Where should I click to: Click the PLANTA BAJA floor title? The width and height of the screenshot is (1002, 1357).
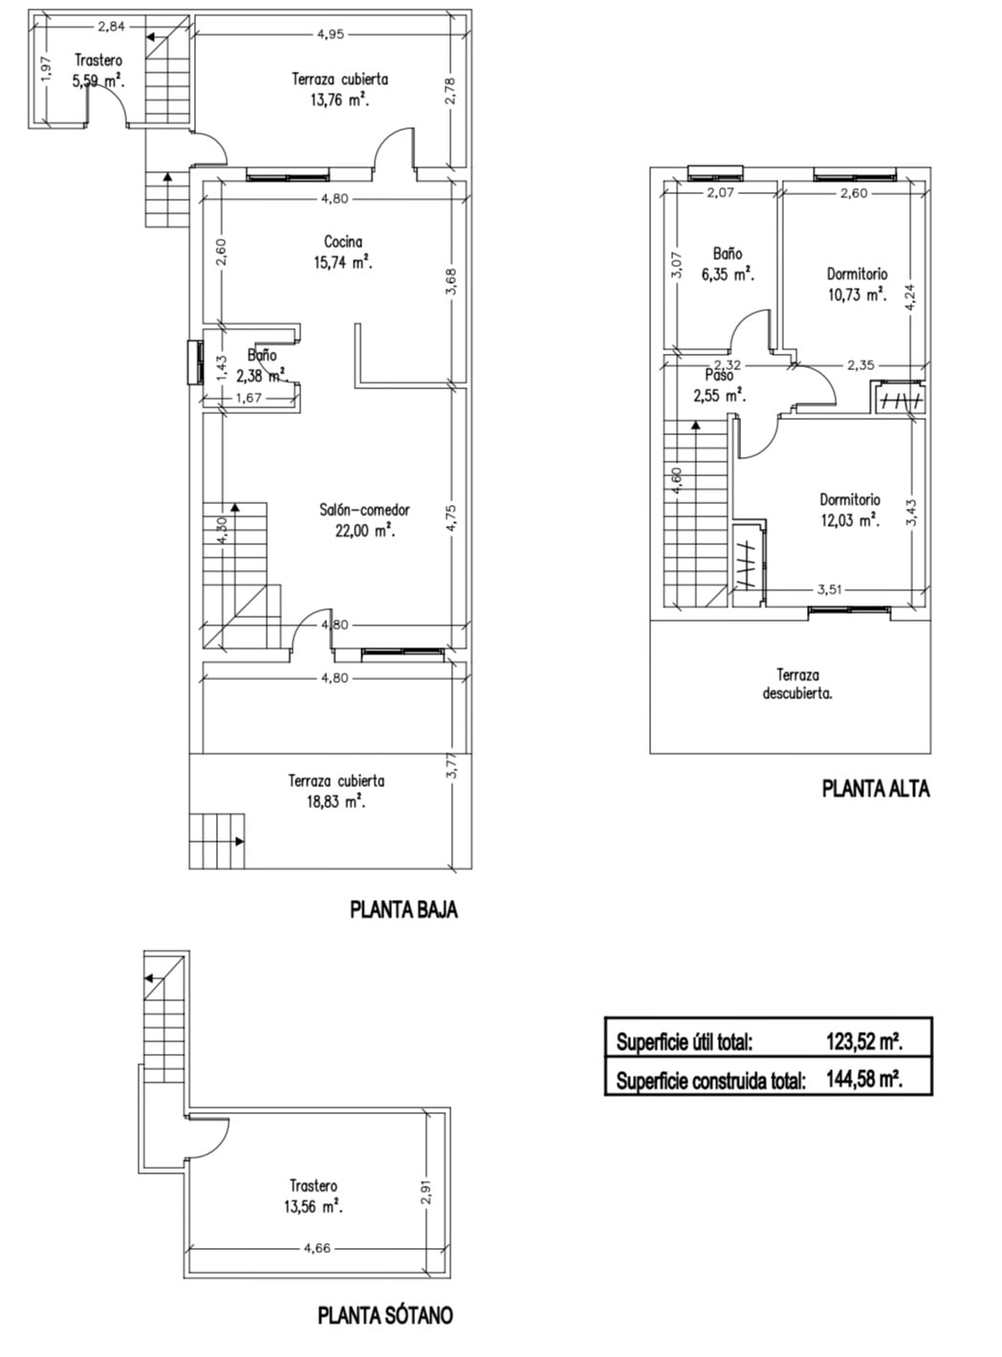tap(403, 909)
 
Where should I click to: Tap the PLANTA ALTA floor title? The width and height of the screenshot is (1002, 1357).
tap(876, 789)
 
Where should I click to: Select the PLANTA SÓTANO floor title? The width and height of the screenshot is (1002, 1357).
tap(385, 1314)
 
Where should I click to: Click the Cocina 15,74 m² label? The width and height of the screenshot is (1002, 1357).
tap(343, 252)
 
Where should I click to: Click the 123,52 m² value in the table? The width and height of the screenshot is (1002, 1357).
tap(864, 1041)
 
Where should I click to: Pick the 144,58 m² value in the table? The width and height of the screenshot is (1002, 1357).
tap(864, 1080)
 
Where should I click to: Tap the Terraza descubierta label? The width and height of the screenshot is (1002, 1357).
tap(797, 685)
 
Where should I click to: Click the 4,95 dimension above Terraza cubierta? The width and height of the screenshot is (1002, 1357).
tap(330, 34)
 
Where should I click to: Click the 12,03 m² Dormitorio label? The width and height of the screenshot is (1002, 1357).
tap(850, 511)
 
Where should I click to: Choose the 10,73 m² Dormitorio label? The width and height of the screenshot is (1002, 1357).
tap(857, 284)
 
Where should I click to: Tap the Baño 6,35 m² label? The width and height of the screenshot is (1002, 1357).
tap(728, 264)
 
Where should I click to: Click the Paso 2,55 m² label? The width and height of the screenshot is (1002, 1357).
tap(719, 385)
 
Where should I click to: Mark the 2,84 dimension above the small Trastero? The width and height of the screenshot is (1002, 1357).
tap(111, 27)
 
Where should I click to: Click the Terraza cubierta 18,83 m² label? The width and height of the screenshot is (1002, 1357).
tap(337, 791)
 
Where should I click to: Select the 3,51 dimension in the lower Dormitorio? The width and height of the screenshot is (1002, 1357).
tap(830, 590)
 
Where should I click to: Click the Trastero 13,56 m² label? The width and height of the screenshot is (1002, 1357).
tap(314, 1196)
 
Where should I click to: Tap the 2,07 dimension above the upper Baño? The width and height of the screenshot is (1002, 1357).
tap(720, 193)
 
